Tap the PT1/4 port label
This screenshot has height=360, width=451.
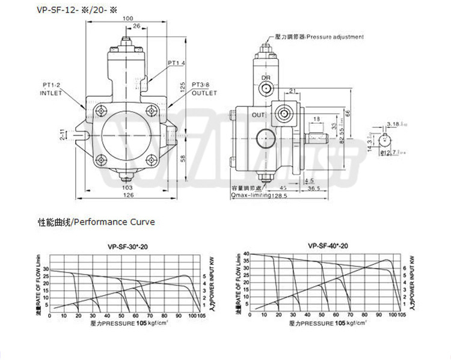(x=176, y=63)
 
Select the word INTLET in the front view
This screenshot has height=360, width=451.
(x=51, y=94)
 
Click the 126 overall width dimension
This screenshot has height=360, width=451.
(x=129, y=195)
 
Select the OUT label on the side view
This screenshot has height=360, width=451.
(x=259, y=114)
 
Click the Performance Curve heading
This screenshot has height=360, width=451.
(x=97, y=222)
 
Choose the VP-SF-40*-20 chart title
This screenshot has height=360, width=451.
(x=328, y=245)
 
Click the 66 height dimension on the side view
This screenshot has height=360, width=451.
(x=347, y=112)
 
